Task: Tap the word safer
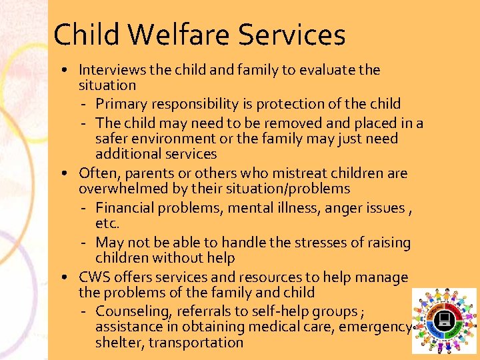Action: [112, 139]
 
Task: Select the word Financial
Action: [125, 209]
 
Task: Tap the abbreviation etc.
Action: [107, 224]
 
